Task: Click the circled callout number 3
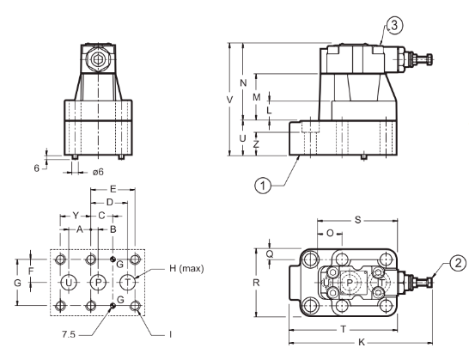click(x=394, y=26)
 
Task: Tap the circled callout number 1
click(x=263, y=185)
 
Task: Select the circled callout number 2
click(x=458, y=263)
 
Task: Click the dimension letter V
click(x=230, y=100)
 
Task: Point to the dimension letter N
click(x=243, y=82)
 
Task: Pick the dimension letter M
click(x=257, y=97)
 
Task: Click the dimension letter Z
click(x=257, y=144)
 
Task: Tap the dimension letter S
click(x=358, y=220)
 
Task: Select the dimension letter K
click(x=362, y=343)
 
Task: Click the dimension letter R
click(x=256, y=283)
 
